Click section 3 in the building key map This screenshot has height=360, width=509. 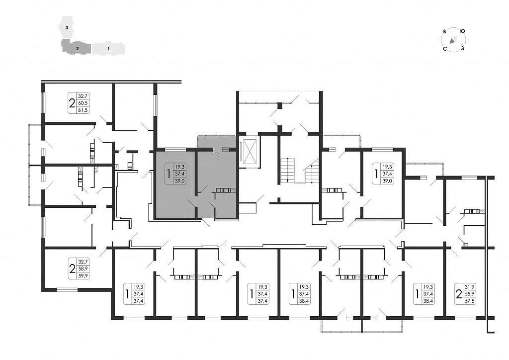[x=66, y=28]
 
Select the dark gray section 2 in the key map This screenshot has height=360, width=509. [x=76, y=47]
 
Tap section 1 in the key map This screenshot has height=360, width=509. [x=108, y=48]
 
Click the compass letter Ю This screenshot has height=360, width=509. [x=462, y=31]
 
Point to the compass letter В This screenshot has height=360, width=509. [x=444, y=32]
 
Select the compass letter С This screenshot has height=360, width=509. [x=445, y=49]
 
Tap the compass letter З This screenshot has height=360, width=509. [x=463, y=48]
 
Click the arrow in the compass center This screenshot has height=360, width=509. [x=453, y=40]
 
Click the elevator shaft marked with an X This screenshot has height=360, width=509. [x=250, y=151]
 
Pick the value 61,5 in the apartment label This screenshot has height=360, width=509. [x=83, y=110]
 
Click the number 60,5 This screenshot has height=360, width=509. [x=83, y=103]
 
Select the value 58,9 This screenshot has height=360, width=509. [x=83, y=269]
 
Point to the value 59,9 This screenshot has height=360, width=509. [x=83, y=276]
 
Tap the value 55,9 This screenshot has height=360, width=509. [x=470, y=294]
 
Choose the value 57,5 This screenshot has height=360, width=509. [x=470, y=301]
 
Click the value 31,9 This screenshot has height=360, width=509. [x=470, y=287]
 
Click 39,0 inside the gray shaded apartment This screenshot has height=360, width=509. [x=180, y=181]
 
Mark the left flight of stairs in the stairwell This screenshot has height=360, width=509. [x=287, y=171]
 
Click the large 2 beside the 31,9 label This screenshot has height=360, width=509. [x=459, y=294]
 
